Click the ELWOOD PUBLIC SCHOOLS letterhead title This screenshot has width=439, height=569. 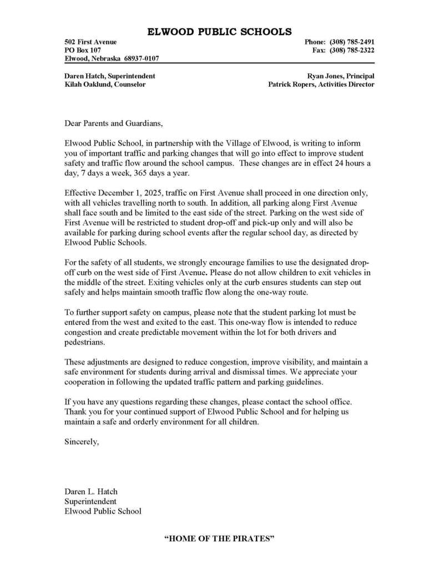(219, 32)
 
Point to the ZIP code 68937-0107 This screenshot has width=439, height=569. (142, 59)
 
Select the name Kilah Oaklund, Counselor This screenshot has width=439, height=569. (105, 84)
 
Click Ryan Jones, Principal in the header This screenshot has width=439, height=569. (340, 76)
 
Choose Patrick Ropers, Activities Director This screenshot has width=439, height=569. (321, 84)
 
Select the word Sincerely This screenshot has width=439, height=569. (82, 442)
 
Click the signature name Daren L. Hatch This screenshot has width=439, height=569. (91, 492)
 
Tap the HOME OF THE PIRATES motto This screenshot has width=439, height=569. (219, 538)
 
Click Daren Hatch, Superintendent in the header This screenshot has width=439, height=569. (110, 76)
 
